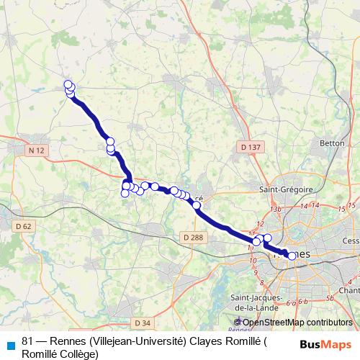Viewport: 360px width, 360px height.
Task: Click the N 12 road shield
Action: coord(37,150)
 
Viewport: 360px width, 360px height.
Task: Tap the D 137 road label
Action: coord(248,147)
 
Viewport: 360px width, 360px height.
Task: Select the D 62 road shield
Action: coord(24,226)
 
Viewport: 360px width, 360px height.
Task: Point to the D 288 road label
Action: coord(193,236)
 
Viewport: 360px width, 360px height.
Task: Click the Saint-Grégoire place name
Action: coord(286,189)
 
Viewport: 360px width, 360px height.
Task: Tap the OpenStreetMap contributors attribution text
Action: coord(297,323)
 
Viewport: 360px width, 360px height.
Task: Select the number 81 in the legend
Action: coord(28,341)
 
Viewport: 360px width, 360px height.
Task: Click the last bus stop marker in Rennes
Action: coord(292,255)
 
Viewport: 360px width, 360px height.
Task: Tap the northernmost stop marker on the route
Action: coord(68,84)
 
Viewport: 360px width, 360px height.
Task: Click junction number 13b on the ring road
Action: coord(274,209)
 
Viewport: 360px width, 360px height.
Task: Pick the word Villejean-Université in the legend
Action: coord(138,341)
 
